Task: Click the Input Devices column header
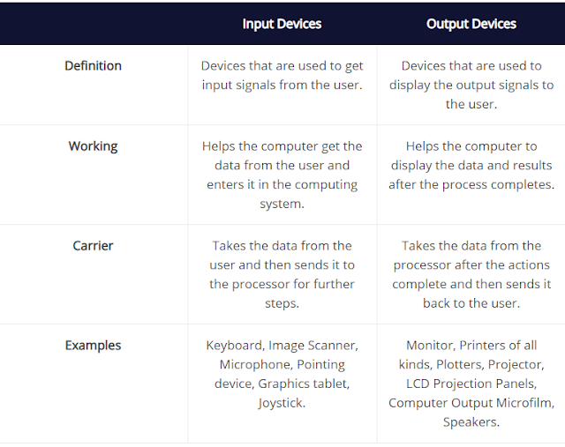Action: tap(282, 24)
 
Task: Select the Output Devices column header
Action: tap(471, 24)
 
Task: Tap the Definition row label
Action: tap(93, 66)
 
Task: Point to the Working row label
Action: tap(93, 146)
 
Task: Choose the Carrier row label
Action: tap(93, 246)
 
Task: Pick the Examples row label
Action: tap(93, 346)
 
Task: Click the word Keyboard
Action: tap(234, 346)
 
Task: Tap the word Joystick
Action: tap(282, 403)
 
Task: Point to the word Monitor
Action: tap(432, 346)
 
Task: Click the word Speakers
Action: tap(471, 422)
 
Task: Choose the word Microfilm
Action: tap(522, 403)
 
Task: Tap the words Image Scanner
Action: tap(313, 346)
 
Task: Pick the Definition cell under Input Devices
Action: tap(282, 75)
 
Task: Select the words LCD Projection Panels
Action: tap(471, 384)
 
